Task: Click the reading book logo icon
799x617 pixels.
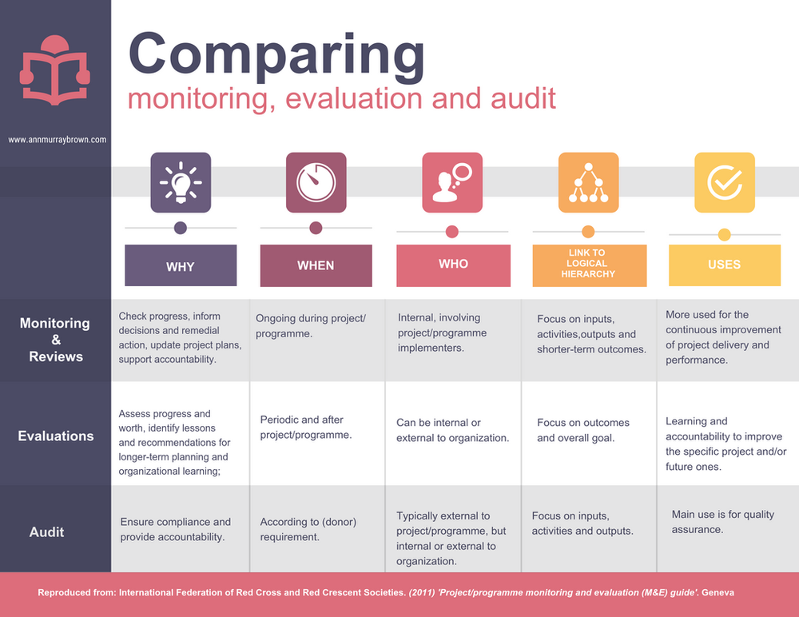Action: coord(55,70)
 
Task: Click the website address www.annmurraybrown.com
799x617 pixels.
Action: coord(55,139)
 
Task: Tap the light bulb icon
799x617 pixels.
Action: coord(181,182)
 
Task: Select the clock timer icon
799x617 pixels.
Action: coord(316,182)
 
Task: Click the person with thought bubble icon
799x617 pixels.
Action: coord(452,182)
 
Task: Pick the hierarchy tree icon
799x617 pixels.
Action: coord(588,182)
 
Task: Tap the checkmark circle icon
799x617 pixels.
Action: coord(724,182)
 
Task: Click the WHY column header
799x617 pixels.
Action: coord(181,266)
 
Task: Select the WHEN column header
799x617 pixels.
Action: coord(316,265)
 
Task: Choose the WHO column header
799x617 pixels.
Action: coord(453,265)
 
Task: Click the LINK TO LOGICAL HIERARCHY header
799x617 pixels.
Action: coord(588,264)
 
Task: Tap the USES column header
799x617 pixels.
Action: coord(724,265)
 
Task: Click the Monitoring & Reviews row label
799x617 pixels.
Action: coord(55,340)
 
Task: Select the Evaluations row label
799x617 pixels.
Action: coord(56,436)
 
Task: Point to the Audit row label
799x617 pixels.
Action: coord(46,531)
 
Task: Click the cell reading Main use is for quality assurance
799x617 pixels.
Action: coord(722,522)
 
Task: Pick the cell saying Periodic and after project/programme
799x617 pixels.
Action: coord(306,428)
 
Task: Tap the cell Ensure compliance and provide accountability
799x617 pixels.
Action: coord(175,529)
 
